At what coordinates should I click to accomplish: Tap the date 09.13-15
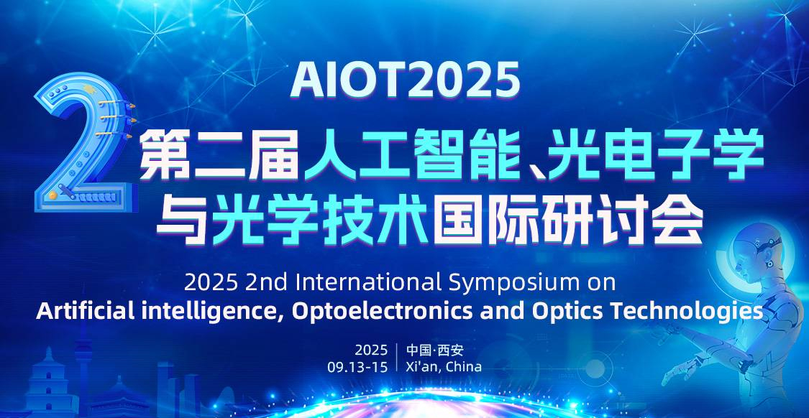click(x=357, y=367)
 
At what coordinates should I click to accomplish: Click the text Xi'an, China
click(x=444, y=367)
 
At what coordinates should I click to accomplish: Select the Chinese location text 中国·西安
click(x=435, y=350)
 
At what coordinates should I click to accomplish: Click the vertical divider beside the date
click(x=397, y=357)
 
